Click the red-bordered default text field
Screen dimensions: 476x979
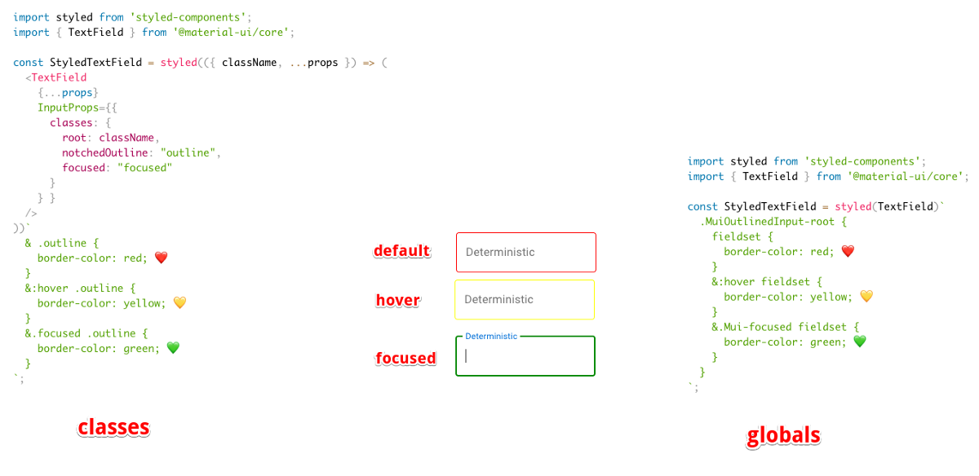pyautogui.click(x=525, y=252)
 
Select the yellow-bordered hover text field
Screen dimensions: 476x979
pyautogui.click(x=525, y=299)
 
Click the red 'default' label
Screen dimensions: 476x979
pyautogui.click(x=401, y=251)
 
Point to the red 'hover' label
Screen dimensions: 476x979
pyautogui.click(x=397, y=301)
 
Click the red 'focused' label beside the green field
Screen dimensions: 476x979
pyautogui.click(x=405, y=358)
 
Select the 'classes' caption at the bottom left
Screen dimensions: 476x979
pyautogui.click(x=113, y=427)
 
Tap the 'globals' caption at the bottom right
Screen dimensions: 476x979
pyautogui.click(x=783, y=436)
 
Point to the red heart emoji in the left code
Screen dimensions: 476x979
pyautogui.click(x=161, y=258)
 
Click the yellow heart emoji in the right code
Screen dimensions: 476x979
pyautogui.click(x=866, y=297)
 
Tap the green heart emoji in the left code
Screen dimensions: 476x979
pyautogui.click(x=172, y=348)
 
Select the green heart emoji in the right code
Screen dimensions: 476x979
pyautogui.click(x=859, y=342)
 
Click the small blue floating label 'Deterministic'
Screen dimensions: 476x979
pyautogui.click(x=490, y=336)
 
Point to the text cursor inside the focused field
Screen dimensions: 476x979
pyautogui.click(x=466, y=356)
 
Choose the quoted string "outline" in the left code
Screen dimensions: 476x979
pyautogui.click(x=189, y=152)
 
